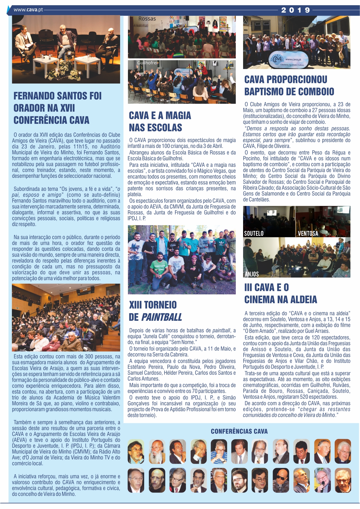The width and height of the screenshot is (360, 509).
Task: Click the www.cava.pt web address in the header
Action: (28, 10)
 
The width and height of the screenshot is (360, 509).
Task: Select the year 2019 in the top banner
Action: (296, 10)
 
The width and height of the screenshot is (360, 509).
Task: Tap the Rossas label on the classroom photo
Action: (147, 19)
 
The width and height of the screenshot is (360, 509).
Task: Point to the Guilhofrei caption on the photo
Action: (147, 63)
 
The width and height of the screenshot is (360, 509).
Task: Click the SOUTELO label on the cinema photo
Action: (254, 233)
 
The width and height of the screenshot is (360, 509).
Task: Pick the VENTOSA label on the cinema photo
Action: (308, 233)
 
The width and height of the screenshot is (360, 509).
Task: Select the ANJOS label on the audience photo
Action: (252, 274)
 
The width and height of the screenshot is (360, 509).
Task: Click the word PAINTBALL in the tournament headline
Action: (162, 317)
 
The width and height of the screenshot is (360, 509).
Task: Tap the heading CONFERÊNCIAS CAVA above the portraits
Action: (239, 432)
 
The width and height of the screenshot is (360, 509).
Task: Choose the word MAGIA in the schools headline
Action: (178, 115)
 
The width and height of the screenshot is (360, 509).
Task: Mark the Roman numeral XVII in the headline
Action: (67, 108)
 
